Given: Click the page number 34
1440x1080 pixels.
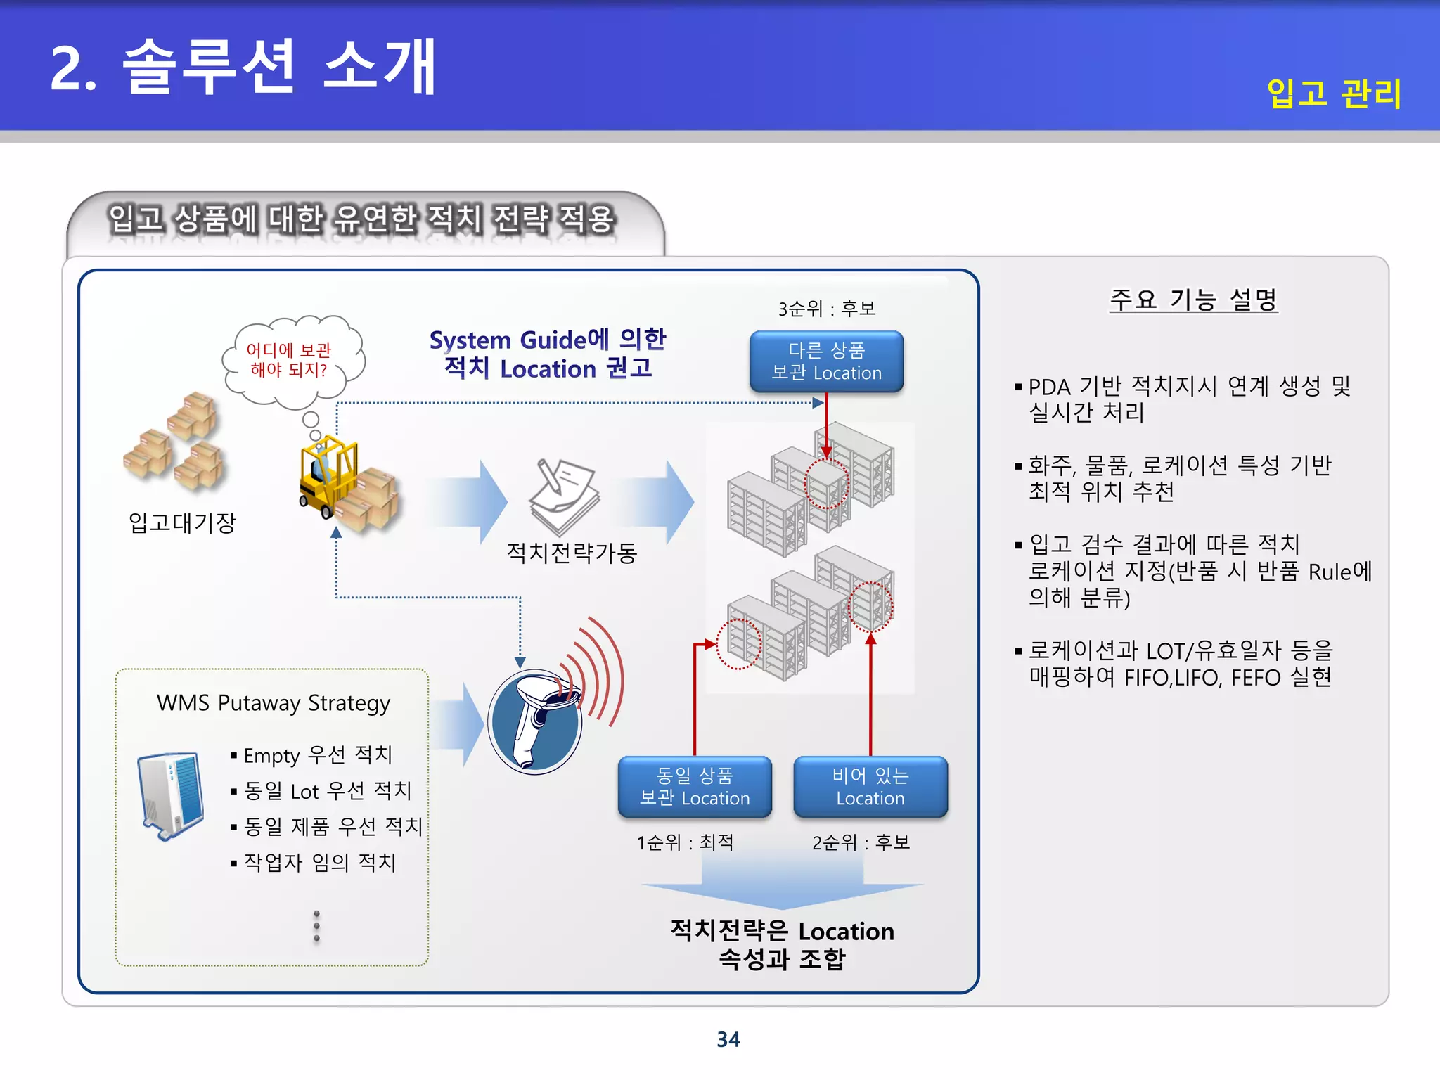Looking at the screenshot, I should click(x=728, y=1039).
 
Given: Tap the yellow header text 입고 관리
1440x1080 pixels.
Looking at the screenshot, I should click(x=1333, y=93).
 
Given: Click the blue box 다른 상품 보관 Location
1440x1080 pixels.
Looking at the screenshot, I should click(x=826, y=361).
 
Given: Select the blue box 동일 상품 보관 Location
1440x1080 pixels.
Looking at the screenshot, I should click(x=694, y=787).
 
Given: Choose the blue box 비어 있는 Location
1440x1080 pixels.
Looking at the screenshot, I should click(x=870, y=787).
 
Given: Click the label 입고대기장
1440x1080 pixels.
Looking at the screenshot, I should click(x=181, y=522).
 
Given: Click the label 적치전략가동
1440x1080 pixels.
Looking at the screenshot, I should click(x=571, y=553).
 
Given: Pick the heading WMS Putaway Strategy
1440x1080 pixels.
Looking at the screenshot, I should click(x=273, y=703).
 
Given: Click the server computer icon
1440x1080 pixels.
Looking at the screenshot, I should click(x=171, y=795).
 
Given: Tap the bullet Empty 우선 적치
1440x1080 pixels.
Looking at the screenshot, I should click(x=317, y=755).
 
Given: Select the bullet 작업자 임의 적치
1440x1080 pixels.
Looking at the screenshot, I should click(x=319, y=862).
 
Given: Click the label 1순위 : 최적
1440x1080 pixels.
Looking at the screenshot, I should click(x=685, y=842).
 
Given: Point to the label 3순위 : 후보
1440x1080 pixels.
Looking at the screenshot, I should click(x=826, y=309).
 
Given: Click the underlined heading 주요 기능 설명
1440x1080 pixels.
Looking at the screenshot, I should click(x=1192, y=300).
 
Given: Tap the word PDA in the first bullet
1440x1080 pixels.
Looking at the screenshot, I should click(x=1049, y=387).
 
